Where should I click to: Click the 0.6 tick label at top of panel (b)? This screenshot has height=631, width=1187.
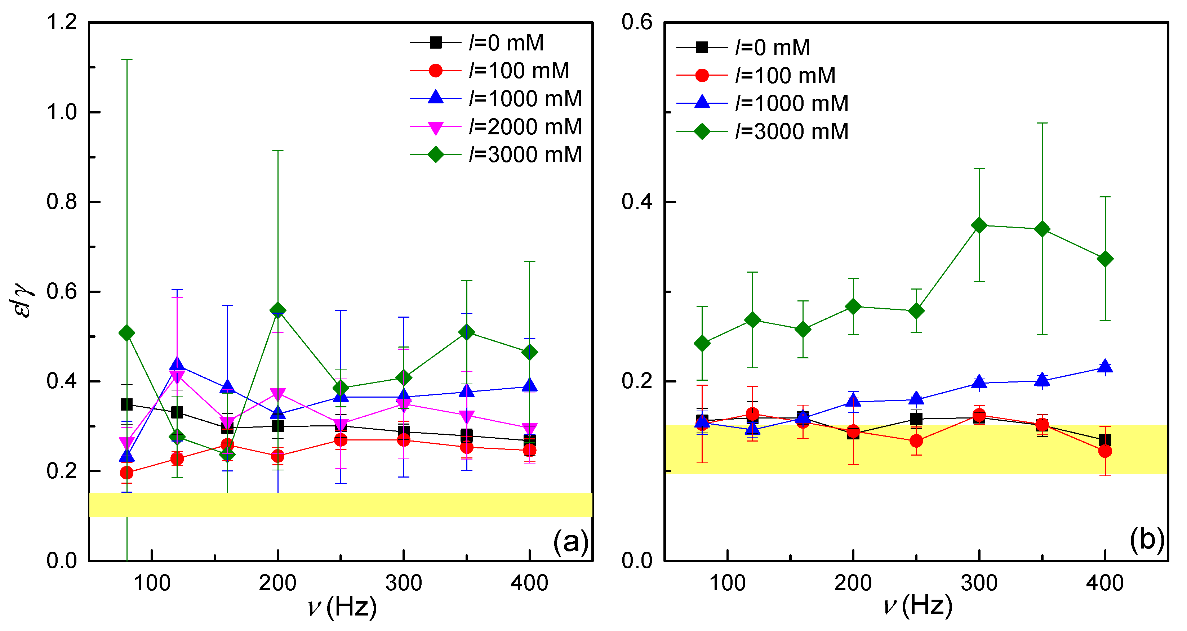click(637, 22)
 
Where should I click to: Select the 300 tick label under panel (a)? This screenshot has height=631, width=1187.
click(404, 583)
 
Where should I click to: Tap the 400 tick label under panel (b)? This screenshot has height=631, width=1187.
click(1104, 583)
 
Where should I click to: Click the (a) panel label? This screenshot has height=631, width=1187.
click(570, 542)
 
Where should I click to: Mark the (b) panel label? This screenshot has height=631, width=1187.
click(1146, 540)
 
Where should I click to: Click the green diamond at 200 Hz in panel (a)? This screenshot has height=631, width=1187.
click(278, 310)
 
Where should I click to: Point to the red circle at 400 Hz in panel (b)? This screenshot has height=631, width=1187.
click(1104, 451)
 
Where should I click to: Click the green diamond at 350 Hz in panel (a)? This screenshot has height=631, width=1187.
click(467, 332)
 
